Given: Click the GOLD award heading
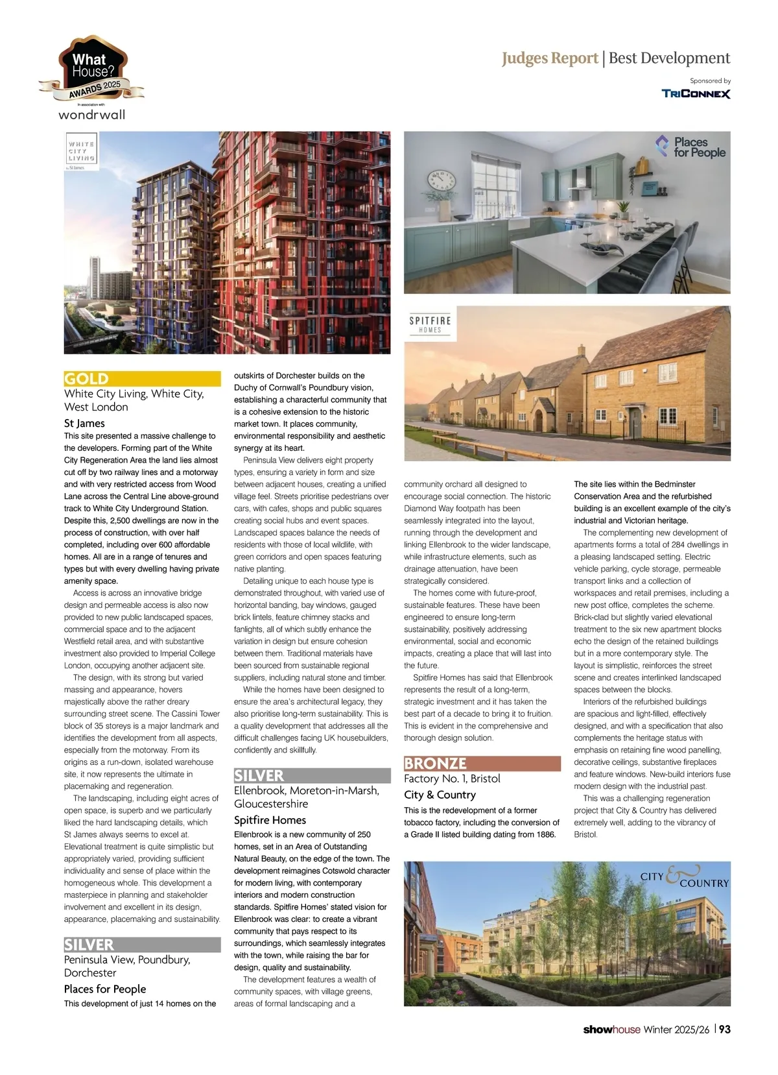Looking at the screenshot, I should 87,379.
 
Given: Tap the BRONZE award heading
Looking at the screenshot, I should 435,764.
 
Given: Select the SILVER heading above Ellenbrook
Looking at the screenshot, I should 259,776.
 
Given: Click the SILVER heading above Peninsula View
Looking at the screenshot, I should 89,945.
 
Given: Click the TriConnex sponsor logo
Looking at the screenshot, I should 696,93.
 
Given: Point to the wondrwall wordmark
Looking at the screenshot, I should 91,115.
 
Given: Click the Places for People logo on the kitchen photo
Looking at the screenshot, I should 690,147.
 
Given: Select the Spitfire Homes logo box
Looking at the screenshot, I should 430,324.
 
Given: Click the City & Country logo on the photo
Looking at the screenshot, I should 685,878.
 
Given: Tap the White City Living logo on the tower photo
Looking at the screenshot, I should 82,151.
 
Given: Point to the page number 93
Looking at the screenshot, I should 724,1030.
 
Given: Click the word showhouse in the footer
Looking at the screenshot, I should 611,1030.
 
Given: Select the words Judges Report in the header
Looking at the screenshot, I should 550,58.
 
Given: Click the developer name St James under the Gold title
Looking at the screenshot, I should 84,423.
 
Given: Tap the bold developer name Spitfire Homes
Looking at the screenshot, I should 270,820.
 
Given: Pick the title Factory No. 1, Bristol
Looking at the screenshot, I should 452,779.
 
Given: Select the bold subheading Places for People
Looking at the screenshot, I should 105,989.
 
